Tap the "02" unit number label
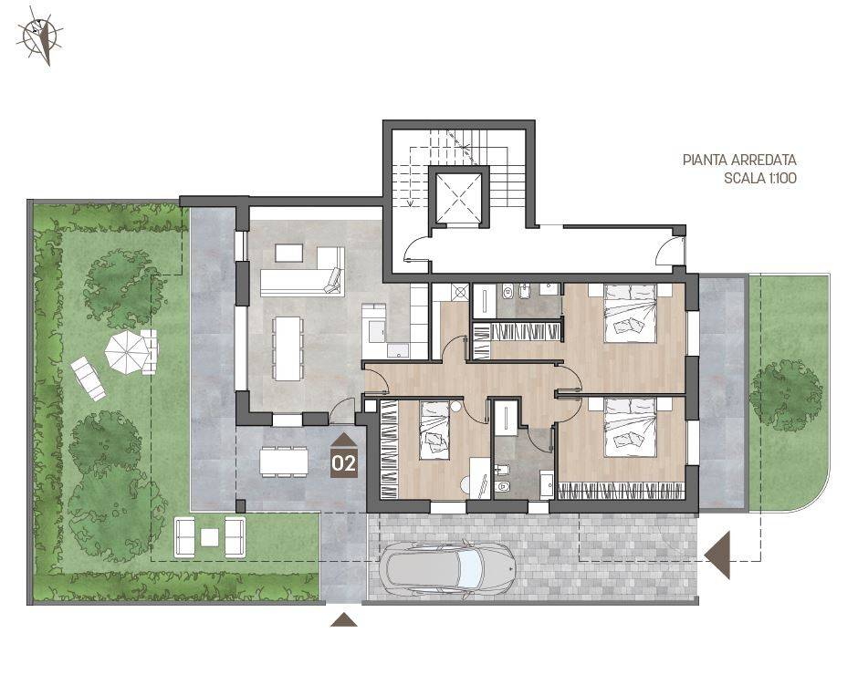click(344, 463)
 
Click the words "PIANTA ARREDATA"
click(739, 161)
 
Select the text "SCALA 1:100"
click(760, 178)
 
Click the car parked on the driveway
click(448, 569)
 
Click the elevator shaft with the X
click(458, 196)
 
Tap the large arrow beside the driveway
click(717, 555)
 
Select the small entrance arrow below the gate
click(344, 619)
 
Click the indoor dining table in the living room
click(288, 348)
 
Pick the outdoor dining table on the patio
click(284, 462)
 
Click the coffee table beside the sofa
click(288, 252)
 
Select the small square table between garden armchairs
click(210, 537)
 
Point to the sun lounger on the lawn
click(88, 378)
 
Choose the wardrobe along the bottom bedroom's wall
click(621, 491)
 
